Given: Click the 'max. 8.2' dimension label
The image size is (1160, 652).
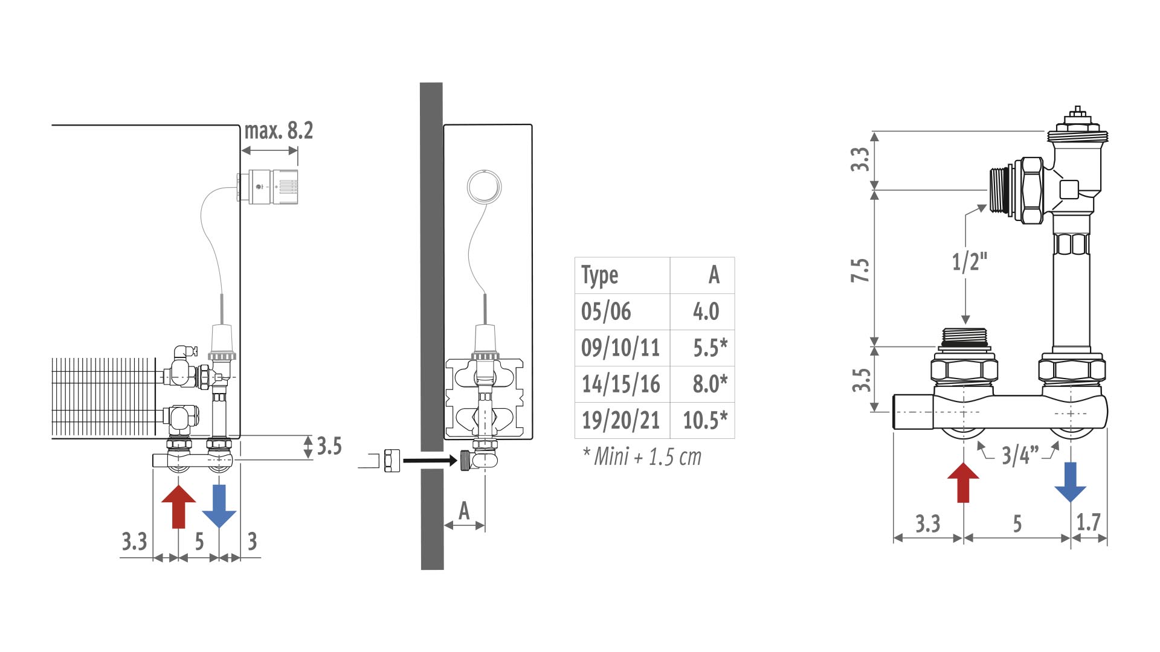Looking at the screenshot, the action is pos(279,131).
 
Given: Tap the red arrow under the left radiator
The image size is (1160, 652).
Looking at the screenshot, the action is pos(179,507).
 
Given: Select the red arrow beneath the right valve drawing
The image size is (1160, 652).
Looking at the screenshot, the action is pos(963,483).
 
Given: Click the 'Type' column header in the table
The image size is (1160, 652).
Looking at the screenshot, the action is pos(600,275).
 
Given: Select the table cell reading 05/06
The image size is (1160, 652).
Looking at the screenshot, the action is pos(606,312).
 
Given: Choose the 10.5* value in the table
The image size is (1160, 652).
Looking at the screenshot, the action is pos(705,420).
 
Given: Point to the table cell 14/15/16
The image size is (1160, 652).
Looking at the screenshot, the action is pos(620,384).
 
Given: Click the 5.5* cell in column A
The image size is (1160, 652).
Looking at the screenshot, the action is pos(710,348).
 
